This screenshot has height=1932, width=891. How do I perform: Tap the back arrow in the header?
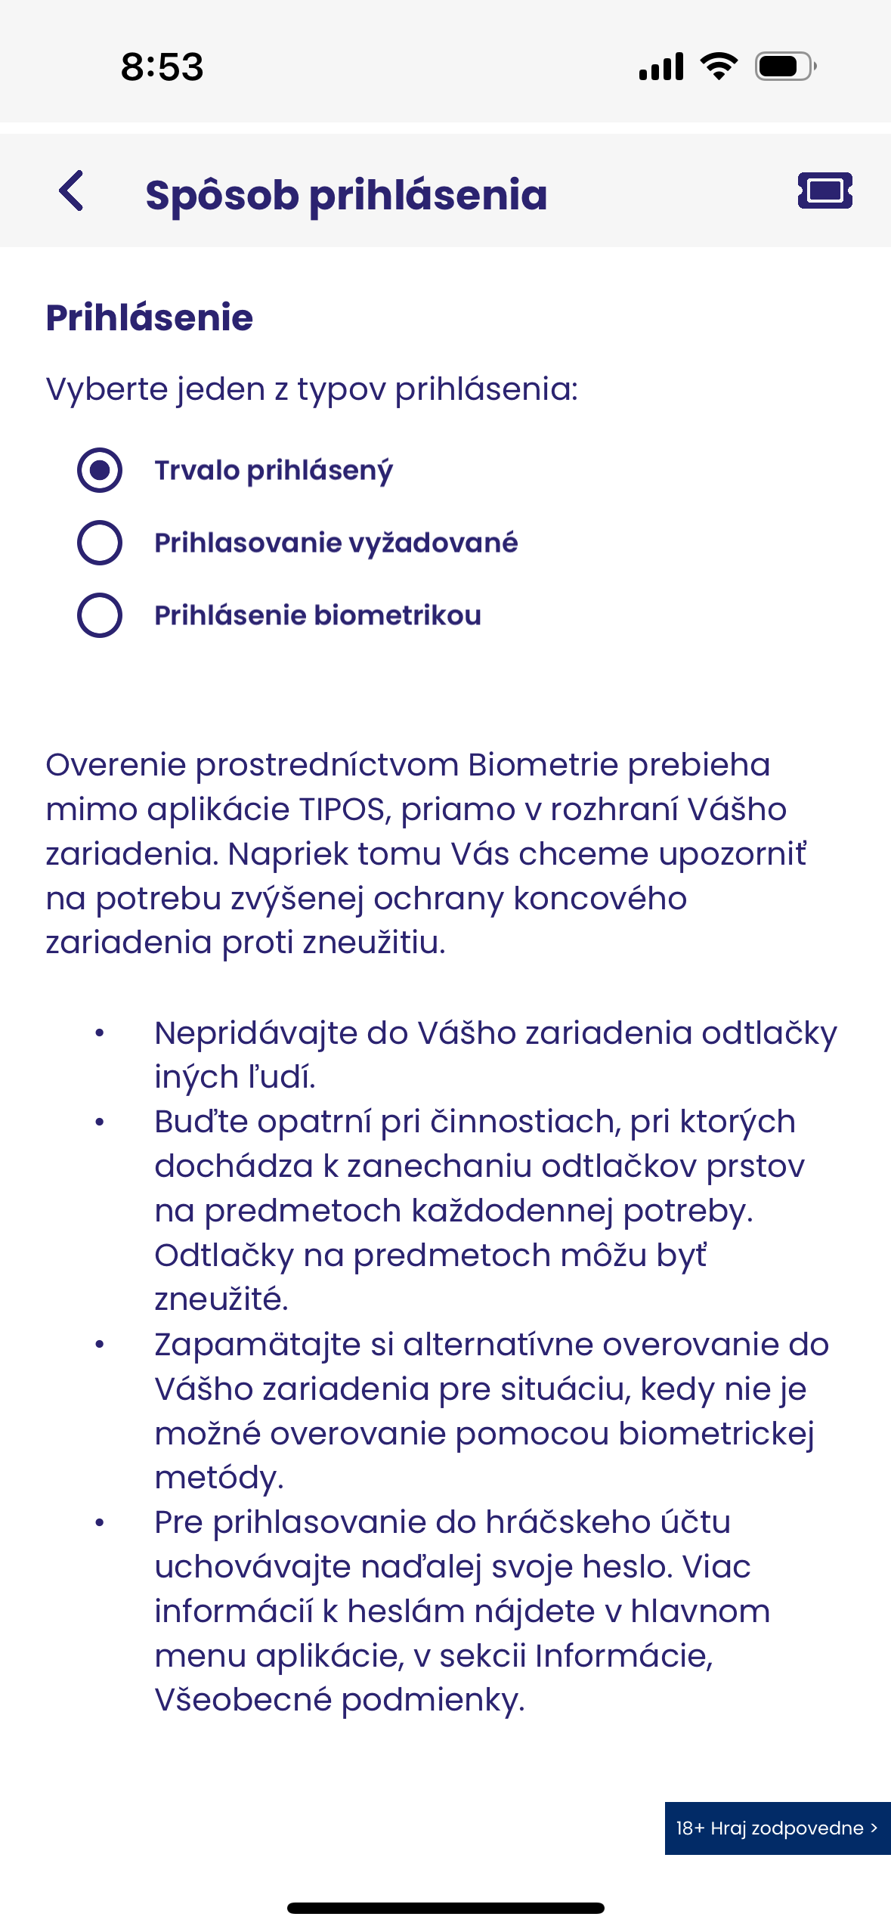72,190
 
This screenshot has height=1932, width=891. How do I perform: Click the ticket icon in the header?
824,190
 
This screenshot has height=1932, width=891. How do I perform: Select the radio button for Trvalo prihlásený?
100,470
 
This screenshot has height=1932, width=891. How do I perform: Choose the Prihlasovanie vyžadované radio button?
100,543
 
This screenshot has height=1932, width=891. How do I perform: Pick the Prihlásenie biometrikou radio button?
100,615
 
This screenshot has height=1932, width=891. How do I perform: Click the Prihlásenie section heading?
150,317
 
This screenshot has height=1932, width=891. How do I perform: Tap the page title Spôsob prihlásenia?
346,195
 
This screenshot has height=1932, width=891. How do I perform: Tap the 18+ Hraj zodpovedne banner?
777,1828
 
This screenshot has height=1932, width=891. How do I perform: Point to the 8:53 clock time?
162,67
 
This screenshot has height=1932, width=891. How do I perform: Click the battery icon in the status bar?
784,67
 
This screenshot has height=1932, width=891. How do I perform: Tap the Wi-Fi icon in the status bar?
719,67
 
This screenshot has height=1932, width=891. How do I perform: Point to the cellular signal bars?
661,67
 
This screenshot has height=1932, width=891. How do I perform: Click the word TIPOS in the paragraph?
342,810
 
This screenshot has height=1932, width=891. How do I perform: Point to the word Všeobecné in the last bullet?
243,1700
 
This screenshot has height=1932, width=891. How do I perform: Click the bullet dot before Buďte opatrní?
100,1122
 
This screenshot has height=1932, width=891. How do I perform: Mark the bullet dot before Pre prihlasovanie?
100,1523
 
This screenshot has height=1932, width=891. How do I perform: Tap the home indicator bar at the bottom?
445,1908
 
